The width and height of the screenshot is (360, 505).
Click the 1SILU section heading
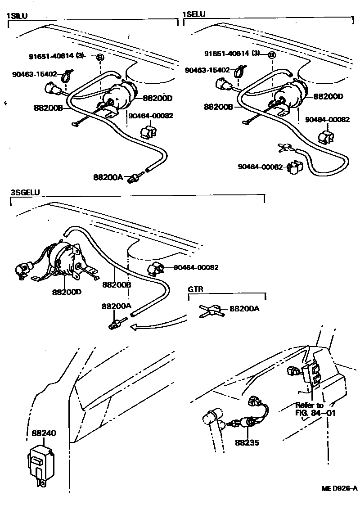[17, 16]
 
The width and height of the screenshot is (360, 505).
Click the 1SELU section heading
[193, 14]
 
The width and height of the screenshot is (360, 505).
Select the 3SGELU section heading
[25, 192]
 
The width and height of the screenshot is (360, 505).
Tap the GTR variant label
[196, 289]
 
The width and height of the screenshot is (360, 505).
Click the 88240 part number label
[44, 433]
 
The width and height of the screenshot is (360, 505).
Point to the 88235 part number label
[247, 442]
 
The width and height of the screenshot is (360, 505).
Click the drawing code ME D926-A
[339, 489]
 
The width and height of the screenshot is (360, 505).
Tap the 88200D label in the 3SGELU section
[66, 292]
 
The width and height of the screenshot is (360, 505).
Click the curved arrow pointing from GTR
[157, 323]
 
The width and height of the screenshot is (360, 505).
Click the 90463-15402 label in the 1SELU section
[207, 70]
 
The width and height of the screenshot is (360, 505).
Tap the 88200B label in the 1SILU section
[48, 108]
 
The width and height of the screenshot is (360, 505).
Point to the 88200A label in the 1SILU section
[108, 177]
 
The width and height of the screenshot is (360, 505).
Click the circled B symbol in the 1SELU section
[271, 55]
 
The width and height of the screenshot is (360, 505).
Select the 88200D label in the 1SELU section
[328, 96]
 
